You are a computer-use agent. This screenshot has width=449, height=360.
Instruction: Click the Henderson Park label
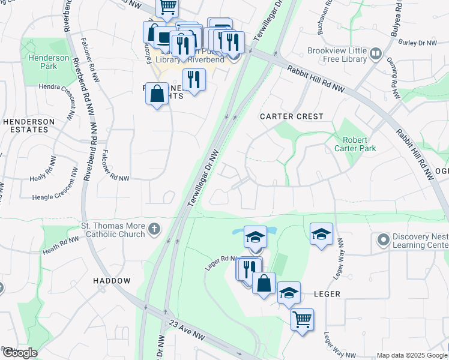click(42, 62)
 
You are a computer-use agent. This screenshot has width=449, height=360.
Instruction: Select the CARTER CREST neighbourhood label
click(291, 116)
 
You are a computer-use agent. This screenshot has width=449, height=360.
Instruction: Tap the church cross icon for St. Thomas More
click(154, 229)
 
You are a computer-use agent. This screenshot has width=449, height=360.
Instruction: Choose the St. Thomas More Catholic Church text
click(113, 230)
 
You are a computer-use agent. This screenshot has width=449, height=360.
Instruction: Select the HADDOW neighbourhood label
click(112, 281)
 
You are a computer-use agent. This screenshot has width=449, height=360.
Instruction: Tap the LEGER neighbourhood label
click(327, 294)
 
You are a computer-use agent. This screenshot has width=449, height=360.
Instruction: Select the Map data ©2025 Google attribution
click(411, 355)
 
